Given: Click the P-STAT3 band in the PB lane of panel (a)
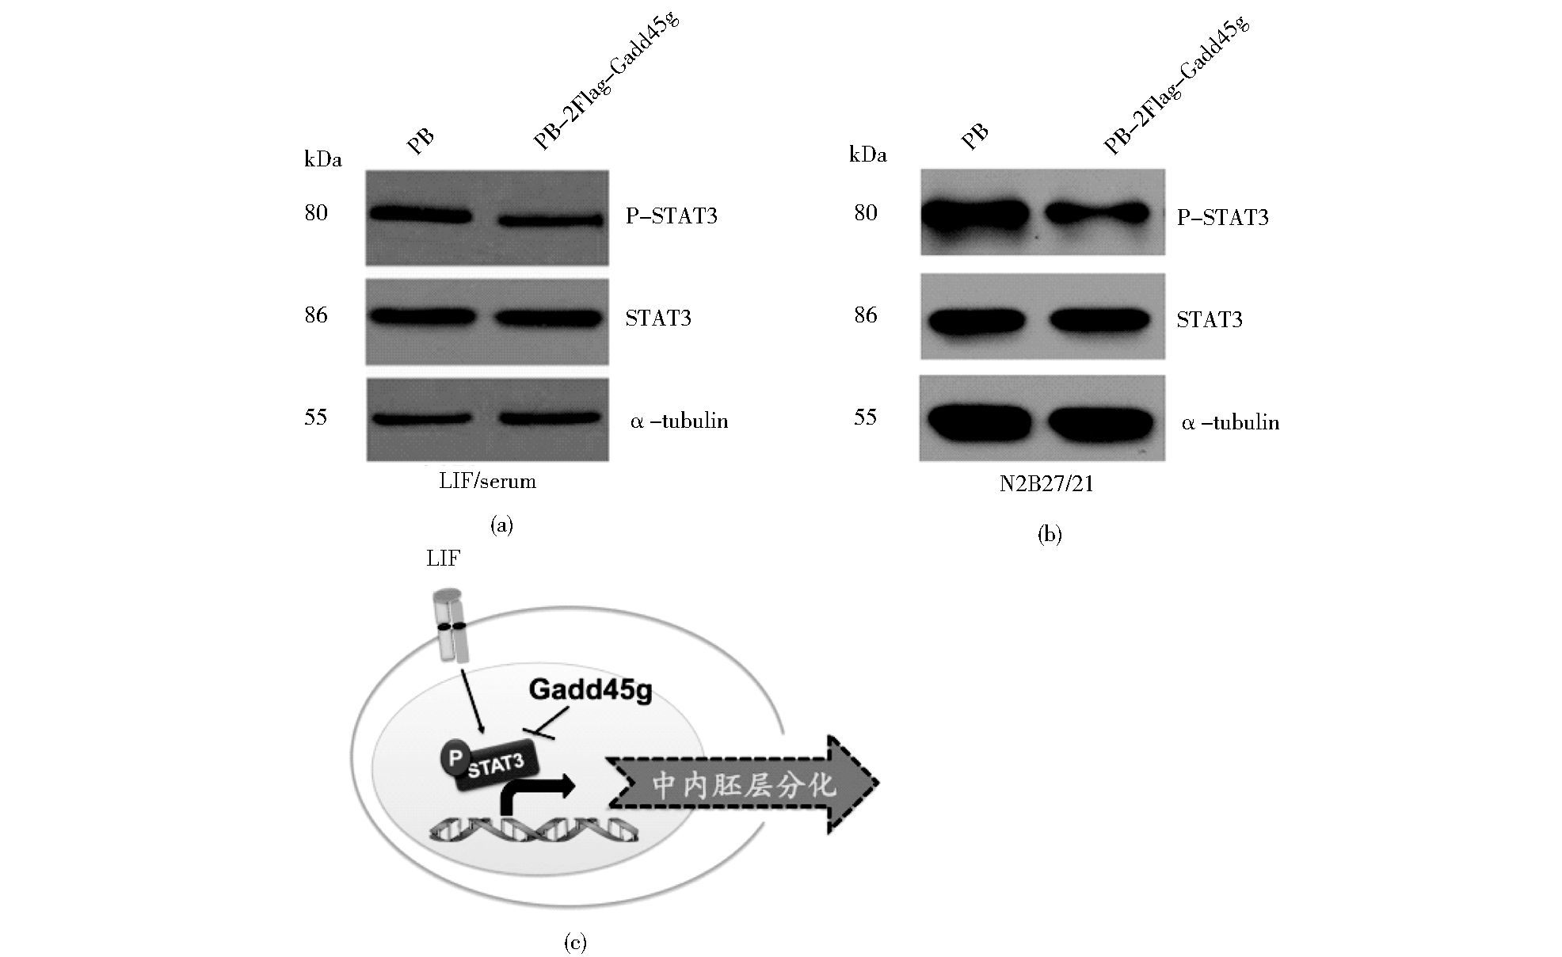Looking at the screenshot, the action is point(419,215).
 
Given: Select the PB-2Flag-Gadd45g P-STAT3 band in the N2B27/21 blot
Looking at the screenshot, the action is point(1099,212).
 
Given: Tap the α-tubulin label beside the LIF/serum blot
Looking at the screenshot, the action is point(680,421).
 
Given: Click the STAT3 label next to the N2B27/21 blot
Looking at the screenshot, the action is point(1210,319).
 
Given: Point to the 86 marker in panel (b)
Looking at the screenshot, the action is point(866,315).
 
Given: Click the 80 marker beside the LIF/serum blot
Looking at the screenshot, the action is point(316,213).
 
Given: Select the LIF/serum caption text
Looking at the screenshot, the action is point(488,481).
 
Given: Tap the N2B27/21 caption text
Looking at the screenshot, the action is point(1046,483).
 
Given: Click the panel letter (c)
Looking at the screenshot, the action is point(575,942).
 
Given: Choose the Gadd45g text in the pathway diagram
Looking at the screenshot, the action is point(591,689).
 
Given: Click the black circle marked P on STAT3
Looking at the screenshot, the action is point(455,759).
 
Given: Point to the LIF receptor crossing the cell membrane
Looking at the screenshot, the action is point(452,626).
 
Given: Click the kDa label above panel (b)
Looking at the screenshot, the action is point(867,155).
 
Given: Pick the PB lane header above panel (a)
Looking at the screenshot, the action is point(421,140).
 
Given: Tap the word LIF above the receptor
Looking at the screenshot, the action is point(443,559).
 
